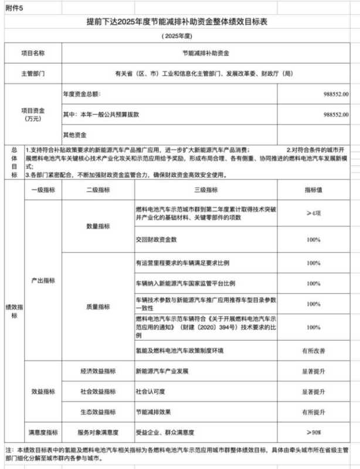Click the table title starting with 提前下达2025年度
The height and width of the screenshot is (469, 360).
pos(181,22)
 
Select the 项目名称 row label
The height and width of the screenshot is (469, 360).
pos(33,53)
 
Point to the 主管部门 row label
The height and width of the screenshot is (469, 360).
pos(33,74)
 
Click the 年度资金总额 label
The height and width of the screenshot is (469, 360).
pos(82,94)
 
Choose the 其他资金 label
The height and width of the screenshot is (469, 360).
pos(75,134)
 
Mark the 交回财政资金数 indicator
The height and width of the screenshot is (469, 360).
pos(157,240)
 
